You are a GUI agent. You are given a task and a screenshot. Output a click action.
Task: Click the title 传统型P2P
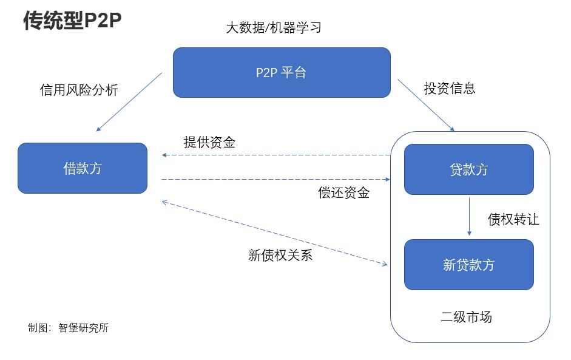coord(72,20)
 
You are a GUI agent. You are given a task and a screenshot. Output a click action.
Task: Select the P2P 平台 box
coord(282,72)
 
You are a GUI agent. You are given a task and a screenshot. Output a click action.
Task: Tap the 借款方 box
coord(83,168)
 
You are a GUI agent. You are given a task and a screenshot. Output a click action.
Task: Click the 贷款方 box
coord(468,169)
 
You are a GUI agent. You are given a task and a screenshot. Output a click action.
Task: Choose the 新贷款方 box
coord(468,265)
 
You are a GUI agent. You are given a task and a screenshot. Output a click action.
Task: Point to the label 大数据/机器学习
coord(273,28)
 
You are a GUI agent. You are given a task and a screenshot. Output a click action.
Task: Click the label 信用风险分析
coord(79,90)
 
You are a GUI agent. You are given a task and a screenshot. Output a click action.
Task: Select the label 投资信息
coord(449,88)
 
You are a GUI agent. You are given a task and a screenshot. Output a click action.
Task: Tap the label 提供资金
coord(209,143)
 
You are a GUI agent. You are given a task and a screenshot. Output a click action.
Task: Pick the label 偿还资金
coord(343,193)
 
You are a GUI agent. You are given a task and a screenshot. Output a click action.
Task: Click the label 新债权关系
coord(280,255)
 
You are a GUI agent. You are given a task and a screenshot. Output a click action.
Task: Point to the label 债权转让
coord(513,219)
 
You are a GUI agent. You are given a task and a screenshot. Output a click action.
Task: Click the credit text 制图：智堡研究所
coord(68,328)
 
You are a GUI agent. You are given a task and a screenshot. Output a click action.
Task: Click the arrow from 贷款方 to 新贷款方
coord(469,216)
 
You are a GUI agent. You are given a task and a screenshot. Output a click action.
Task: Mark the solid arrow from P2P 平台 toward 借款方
coord(129,102)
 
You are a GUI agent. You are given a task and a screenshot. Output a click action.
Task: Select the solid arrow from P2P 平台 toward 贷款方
coord(426,105)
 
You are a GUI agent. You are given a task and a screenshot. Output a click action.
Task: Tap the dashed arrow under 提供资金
coord(276,155)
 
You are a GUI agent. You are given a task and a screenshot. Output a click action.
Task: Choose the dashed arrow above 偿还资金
coord(276,179)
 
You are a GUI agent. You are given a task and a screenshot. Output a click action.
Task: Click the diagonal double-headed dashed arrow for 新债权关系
coord(275,233)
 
